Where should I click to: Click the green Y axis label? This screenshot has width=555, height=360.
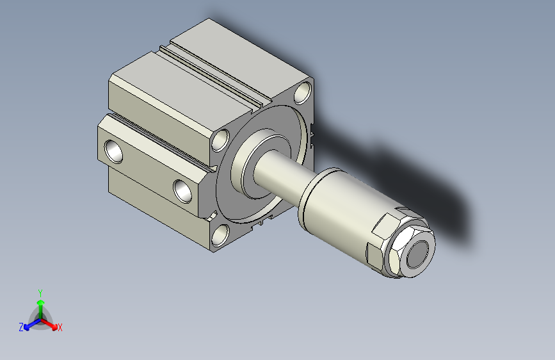(40, 293)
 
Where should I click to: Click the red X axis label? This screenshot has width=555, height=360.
(60, 328)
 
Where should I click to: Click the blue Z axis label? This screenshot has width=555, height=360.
(21, 327)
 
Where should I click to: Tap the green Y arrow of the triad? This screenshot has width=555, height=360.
(41, 309)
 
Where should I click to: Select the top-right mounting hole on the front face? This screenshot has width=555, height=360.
(303, 92)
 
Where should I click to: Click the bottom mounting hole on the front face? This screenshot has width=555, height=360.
(220, 235)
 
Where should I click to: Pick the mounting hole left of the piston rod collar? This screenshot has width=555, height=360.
(220, 140)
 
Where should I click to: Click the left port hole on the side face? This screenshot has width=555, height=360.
(113, 151)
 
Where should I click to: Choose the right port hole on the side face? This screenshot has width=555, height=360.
(182, 191)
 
